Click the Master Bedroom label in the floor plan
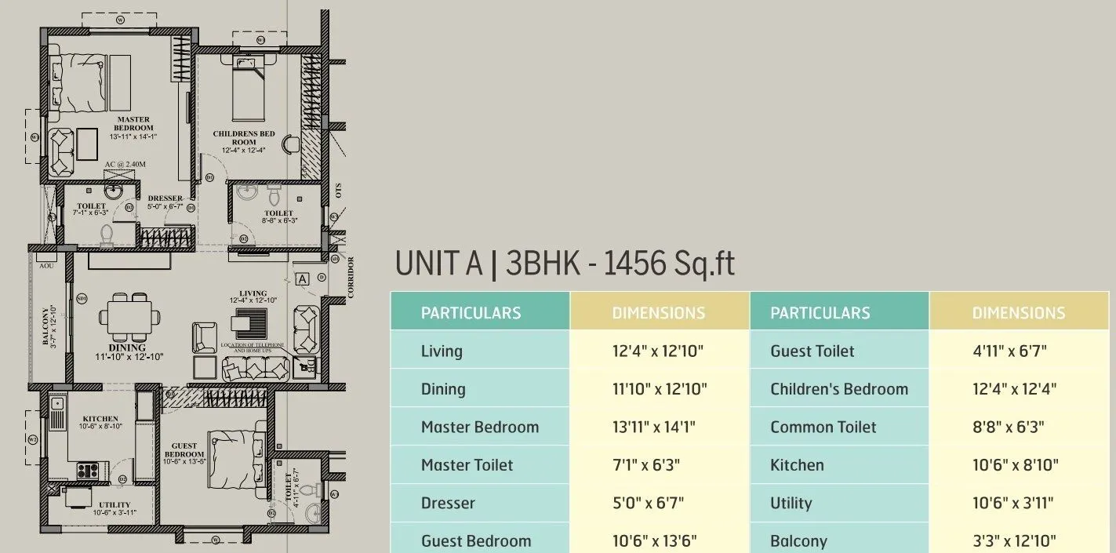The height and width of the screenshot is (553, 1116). pyautogui.click(x=133, y=124)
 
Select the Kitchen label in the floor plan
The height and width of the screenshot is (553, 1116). pyautogui.click(x=100, y=419)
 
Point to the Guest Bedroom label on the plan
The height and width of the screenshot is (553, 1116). pyautogui.click(x=184, y=450)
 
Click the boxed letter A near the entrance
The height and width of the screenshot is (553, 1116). pyautogui.click(x=303, y=278)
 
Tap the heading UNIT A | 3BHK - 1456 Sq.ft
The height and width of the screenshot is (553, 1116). pyautogui.click(x=565, y=264)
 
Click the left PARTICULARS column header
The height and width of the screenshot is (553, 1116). pyautogui.click(x=471, y=313)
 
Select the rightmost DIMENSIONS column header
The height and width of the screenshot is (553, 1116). pyautogui.click(x=1018, y=313)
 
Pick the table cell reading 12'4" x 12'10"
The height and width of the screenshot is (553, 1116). pyautogui.click(x=658, y=351)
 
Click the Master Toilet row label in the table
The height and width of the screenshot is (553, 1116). pyautogui.click(x=467, y=465)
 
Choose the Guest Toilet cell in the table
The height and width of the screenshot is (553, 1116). pyautogui.click(x=812, y=351)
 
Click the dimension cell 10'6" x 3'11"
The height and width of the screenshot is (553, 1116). pyautogui.click(x=1012, y=504)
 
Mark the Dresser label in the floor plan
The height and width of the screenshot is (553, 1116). pyautogui.click(x=165, y=198)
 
